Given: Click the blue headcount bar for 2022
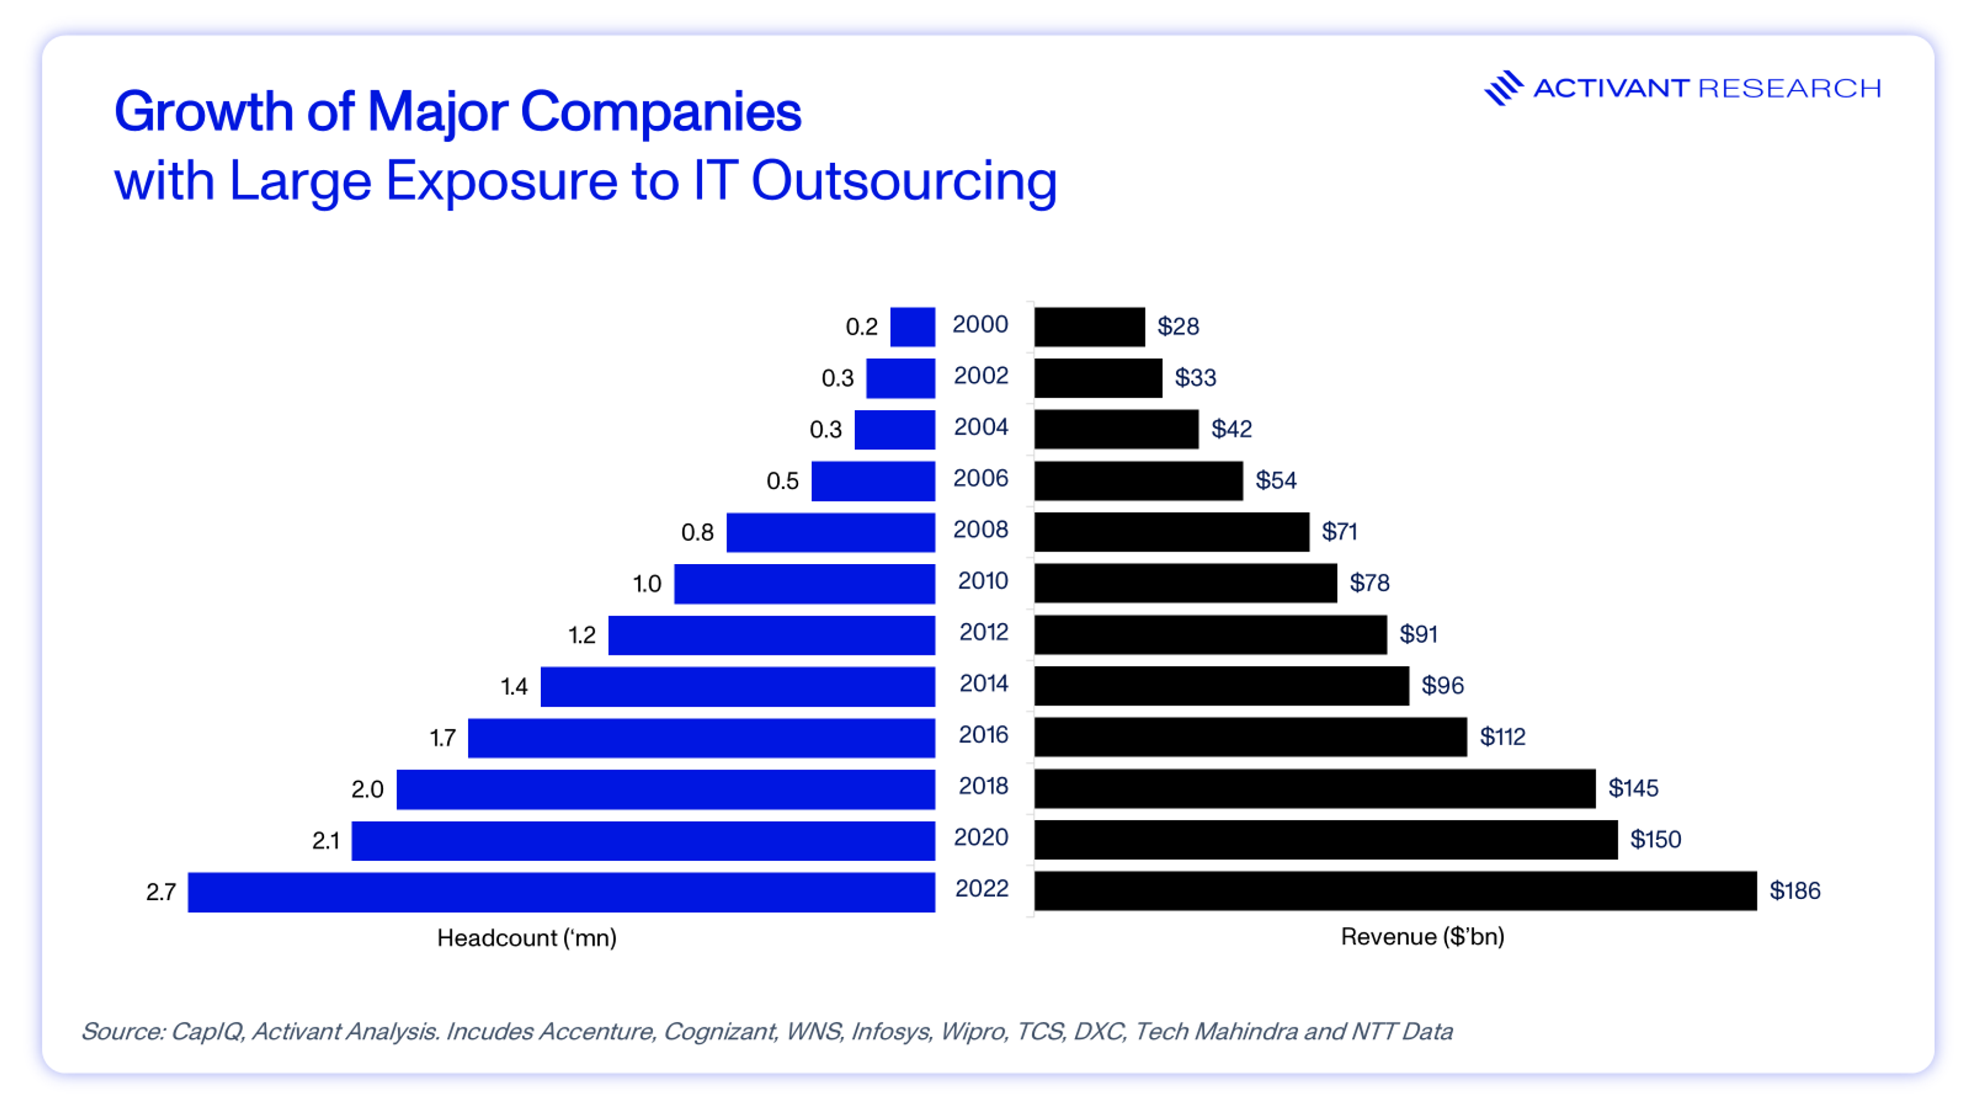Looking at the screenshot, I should tap(561, 892).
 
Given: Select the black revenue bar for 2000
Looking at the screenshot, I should tap(1090, 327).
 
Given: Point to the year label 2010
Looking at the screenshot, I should tap(983, 581).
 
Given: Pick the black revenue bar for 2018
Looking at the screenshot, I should tap(1314, 788).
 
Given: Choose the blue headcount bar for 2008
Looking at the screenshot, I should tap(831, 532).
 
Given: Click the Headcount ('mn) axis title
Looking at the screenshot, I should tap(526, 938).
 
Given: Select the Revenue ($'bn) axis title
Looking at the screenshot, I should tap(1423, 937).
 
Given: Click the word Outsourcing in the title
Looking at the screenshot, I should tap(904, 182).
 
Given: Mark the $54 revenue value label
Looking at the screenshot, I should tap(1275, 480).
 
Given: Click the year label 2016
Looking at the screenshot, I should tap(983, 735).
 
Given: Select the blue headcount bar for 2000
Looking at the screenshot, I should tap(912, 327).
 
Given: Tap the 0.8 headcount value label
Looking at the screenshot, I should tap(697, 532).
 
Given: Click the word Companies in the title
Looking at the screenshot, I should tap(661, 112).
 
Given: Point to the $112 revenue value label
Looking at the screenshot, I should tap(1502, 737).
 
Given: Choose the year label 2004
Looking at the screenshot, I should tap(981, 427).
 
